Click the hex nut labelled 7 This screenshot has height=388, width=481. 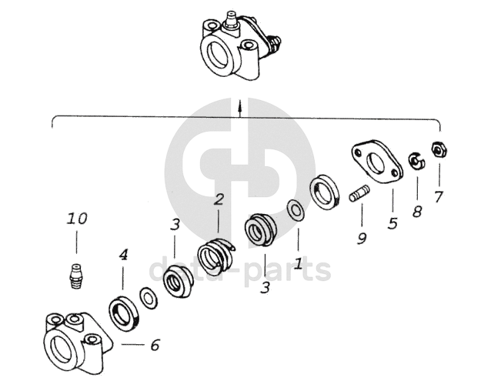[439, 149]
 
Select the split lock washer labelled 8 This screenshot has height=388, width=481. [416, 161]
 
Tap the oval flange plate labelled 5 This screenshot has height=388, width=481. [376, 162]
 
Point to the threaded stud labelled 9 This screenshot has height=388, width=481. [359, 193]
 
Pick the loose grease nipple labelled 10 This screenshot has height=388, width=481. [75, 276]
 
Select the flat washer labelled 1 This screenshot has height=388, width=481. [296, 210]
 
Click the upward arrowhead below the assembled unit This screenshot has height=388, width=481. [240, 107]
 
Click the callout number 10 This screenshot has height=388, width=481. [77, 219]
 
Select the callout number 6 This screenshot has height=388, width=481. [155, 345]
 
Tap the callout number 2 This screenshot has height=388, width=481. [219, 199]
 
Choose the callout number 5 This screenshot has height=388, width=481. [392, 223]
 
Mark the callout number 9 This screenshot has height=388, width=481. [362, 238]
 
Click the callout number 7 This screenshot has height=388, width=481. [439, 197]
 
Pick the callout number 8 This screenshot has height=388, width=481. [417, 212]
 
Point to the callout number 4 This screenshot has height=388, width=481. [123, 255]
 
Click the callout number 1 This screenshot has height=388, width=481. [298, 264]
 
